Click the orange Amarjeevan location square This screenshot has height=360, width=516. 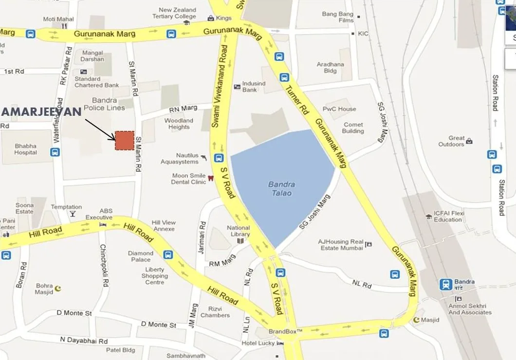tap(124, 141)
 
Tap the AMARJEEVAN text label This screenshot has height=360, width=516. tap(41, 112)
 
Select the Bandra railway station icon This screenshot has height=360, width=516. tap(445, 285)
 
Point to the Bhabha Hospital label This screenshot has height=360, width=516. tap(25, 149)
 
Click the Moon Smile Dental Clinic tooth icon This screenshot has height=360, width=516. tap(210, 179)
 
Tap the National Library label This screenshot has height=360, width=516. tap(239, 231)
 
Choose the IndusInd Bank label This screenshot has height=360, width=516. tap(254, 87)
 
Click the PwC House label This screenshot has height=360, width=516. tap(339, 109)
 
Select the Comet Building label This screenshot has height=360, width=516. tap(353, 127)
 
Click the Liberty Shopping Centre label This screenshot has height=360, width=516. tap(155, 276)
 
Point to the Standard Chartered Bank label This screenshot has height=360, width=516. tap(96, 82)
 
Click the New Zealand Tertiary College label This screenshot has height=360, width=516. tap(177, 13)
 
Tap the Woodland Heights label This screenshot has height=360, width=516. tap(179, 124)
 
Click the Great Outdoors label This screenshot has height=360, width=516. tap(451, 141)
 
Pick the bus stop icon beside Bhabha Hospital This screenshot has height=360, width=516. tap(55, 152)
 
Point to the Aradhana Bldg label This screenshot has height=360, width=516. tap(330, 67)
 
